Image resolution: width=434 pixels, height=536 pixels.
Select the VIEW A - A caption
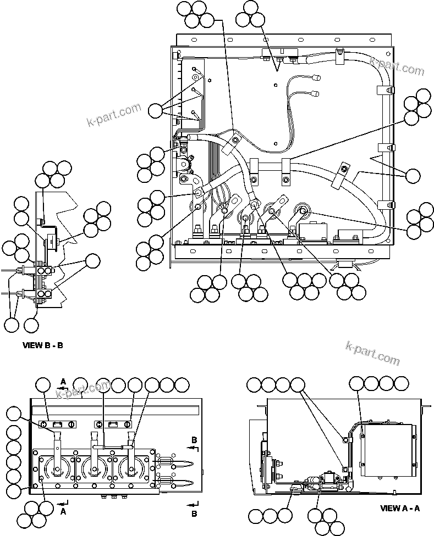click(400, 508)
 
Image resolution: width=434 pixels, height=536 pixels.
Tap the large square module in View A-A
click(387, 450)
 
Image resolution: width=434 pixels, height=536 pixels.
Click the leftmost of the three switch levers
click(57, 443)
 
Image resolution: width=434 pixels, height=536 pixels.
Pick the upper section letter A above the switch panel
click(63, 381)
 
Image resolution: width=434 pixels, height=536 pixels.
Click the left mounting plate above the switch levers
click(58, 424)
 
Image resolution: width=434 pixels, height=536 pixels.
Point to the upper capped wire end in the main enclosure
click(317, 78)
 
